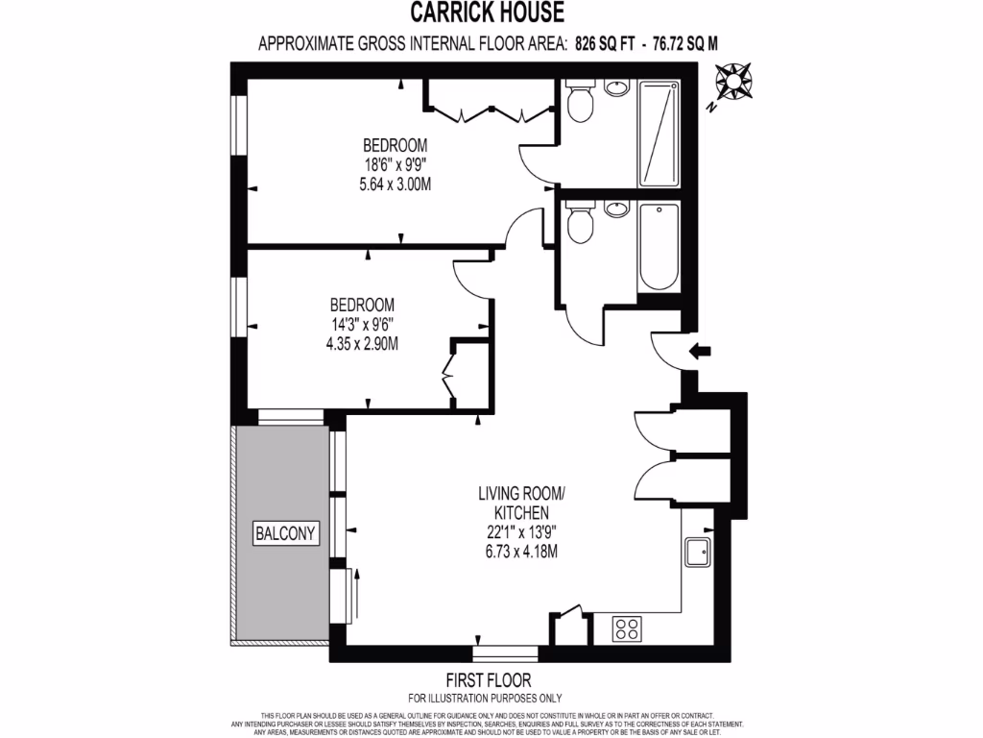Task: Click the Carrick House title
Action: click(488, 12)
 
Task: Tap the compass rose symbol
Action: click(735, 81)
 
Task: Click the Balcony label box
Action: click(285, 532)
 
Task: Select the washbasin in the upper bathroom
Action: click(616, 89)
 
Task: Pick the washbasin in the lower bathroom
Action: click(616, 208)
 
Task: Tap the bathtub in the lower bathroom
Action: click(659, 246)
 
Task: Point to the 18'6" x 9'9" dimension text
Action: click(395, 164)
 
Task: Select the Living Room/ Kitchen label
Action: click(521, 503)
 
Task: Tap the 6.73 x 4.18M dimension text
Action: click(521, 551)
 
